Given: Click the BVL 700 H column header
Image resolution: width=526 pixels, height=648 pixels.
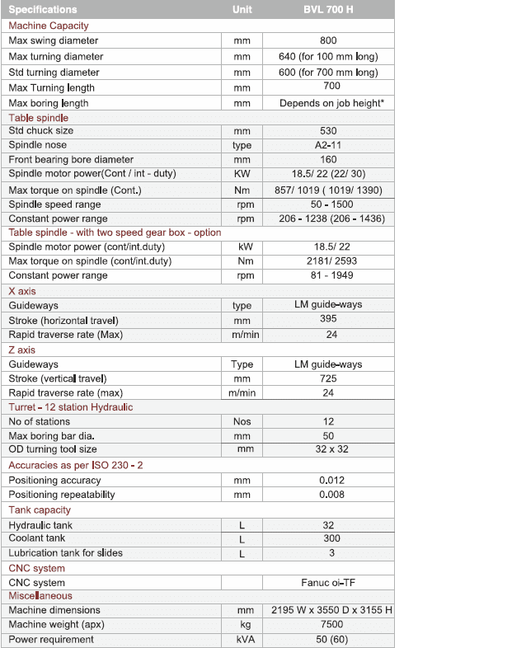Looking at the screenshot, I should click(x=328, y=9).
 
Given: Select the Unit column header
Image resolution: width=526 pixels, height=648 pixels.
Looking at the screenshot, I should click(x=242, y=9).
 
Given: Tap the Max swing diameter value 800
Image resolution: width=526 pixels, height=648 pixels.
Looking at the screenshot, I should click(x=328, y=40).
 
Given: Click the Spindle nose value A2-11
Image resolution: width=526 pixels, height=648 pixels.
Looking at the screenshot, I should click(x=328, y=145).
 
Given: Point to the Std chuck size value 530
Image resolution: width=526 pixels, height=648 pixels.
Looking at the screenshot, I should click(x=328, y=130).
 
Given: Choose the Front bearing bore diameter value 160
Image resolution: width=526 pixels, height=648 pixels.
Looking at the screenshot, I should click(x=328, y=159).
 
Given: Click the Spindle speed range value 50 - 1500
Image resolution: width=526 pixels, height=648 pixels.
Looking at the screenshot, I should click(x=328, y=204).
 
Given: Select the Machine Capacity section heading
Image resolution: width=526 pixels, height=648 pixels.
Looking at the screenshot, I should click(x=48, y=26).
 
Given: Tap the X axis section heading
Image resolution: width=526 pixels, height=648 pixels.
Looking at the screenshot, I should click(x=22, y=291).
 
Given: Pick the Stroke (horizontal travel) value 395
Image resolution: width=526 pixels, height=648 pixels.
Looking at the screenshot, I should click(x=328, y=320).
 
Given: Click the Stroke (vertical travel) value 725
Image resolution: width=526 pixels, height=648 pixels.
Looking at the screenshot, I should click(x=328, y=378).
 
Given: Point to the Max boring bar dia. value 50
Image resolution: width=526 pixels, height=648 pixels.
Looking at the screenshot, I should click(x=328, y=435).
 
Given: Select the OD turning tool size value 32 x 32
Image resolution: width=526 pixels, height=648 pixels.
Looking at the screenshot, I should click(x=328, y=449).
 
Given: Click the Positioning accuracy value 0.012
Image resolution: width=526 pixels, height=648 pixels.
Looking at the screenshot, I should click(x=328, y=480).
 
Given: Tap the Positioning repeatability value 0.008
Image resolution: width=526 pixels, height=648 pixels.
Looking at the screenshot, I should click(x=328, y=495).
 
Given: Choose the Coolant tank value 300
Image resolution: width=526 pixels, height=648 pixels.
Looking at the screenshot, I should click(x=328, y=538).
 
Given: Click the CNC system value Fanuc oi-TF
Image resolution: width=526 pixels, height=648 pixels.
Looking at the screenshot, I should click(x=328, y=583).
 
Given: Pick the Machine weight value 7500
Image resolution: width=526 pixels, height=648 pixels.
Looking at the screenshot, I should click(x=328, y=624).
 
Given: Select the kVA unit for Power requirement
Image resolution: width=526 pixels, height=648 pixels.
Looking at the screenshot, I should click(x=242, y=639).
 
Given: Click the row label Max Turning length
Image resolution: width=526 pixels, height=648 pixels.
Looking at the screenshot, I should click(x=51, y=87).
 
